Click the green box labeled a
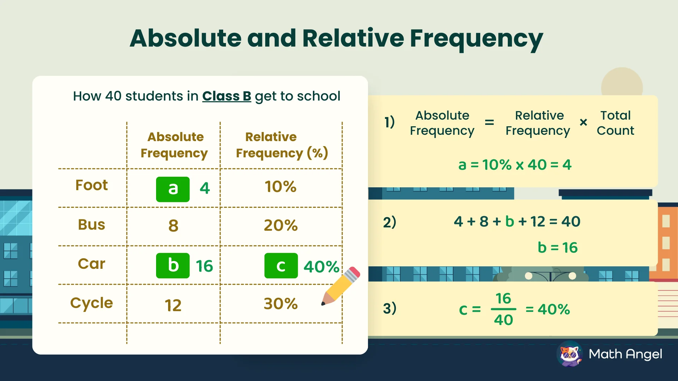[173, 189]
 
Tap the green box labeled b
[173, 266]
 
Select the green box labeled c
[281, 266]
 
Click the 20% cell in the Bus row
[281, 225]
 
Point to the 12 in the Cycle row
[173, 305]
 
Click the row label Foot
[91, 185]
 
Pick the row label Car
[91, 264]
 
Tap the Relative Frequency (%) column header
[281, 145]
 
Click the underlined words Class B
[226, 96]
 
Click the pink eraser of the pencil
[354, 272]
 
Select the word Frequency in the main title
[476, 38]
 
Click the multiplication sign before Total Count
[583, 122]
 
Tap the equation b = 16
[557, 248]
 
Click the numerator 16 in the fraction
[503, 298]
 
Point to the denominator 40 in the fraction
[503, 320]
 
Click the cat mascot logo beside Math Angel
[570, 354]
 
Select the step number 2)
[389, 222]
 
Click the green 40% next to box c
[321, 267]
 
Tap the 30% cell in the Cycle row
[281, 304]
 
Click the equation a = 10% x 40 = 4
[515, 165]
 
